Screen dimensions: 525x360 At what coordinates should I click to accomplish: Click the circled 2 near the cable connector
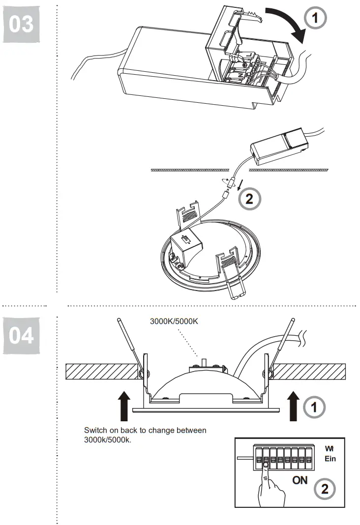coord(249,199)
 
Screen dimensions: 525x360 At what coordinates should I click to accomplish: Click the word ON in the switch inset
coord(300,480)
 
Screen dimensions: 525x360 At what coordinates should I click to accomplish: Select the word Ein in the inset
coord(330,459)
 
